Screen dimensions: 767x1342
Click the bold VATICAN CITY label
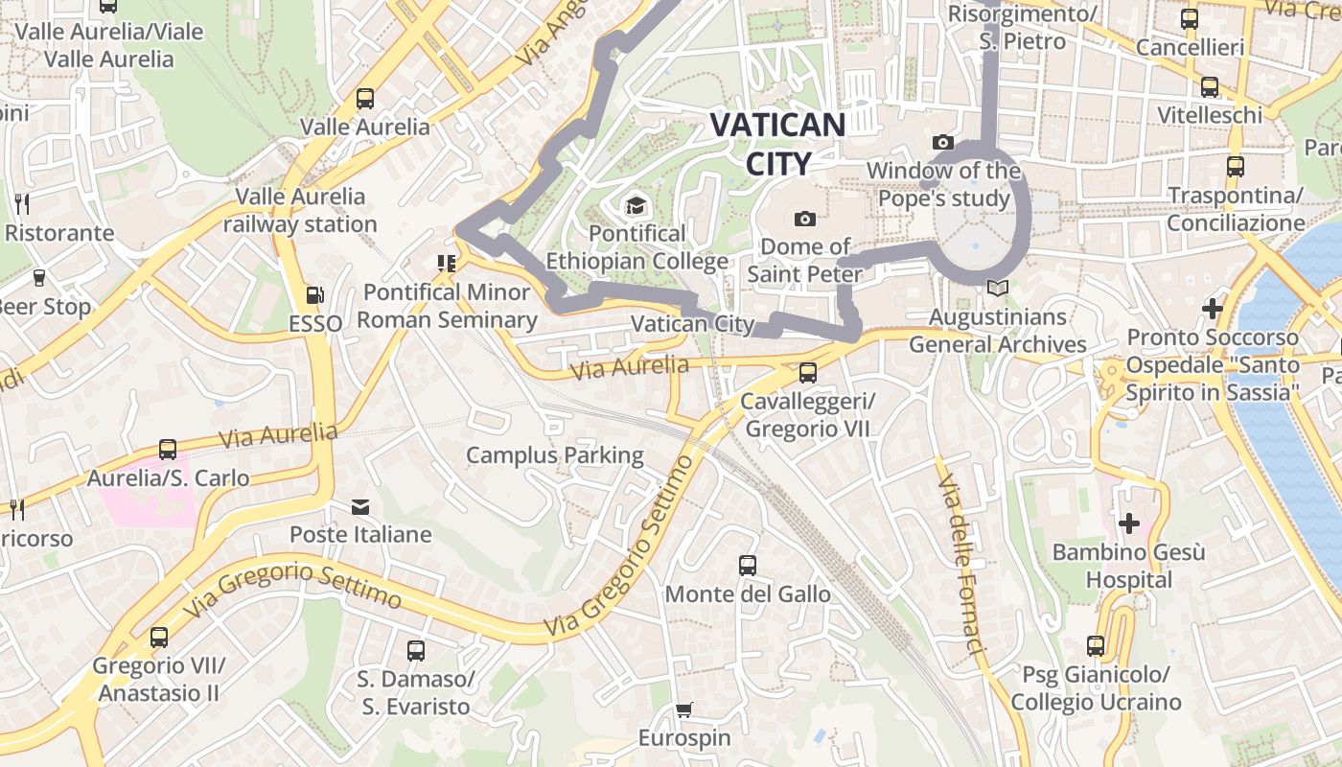(x=776, y=144)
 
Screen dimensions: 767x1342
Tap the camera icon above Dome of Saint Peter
(x=805, y=219)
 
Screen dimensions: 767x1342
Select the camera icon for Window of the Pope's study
(x=943, y=143)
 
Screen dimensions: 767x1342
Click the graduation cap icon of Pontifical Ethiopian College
(x=635, y=205)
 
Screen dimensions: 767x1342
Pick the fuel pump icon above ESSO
(x=314, y=295)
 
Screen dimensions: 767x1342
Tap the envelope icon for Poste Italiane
(x=360, y=506)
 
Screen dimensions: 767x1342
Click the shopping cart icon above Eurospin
(x=683, y=710)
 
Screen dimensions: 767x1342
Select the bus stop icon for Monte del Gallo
(x=748, y=566)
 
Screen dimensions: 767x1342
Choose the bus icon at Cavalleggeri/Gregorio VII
(x=808, y=373)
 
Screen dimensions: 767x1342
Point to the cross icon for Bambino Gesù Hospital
(x=1129, y=523)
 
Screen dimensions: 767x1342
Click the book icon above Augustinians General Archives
(x=997, y=288)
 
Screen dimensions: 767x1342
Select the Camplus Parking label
(x=554, y=454)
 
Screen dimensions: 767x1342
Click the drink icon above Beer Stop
(x=39, y=278)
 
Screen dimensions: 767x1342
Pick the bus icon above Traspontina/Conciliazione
(x=1235, y=167)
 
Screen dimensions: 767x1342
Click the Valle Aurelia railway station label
(x=300, y=210)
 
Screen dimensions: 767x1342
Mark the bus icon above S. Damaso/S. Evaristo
(x=416, y=651)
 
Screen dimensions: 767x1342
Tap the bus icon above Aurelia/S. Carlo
(x=168, y=450)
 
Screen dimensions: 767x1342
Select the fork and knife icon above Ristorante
(x=23, y=203)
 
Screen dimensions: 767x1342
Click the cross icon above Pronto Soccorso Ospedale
(x=1213, y=309)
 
